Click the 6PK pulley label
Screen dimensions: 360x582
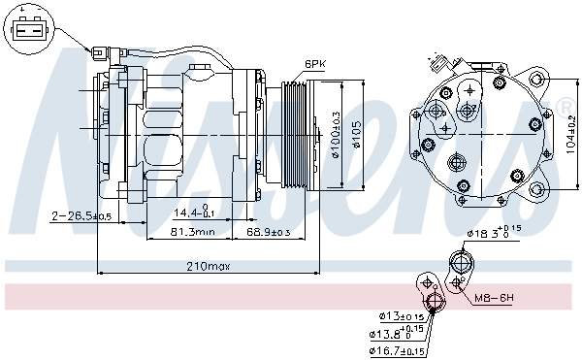315,64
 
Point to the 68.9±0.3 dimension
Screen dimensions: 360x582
267,232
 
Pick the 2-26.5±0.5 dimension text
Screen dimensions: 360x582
82,214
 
